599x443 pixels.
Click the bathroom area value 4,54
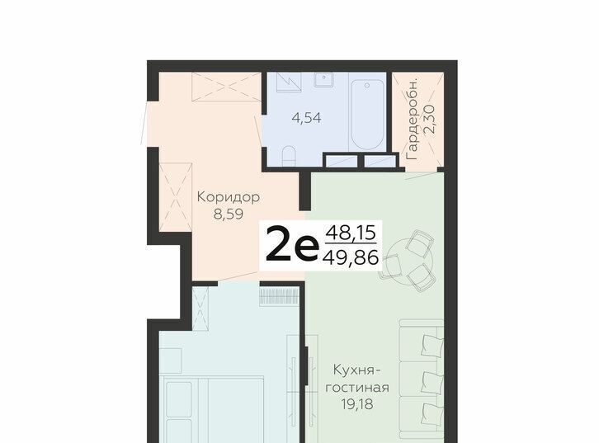pos(306,118)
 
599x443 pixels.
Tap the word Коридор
pos(228,197)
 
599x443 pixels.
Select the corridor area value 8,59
pos(229,214)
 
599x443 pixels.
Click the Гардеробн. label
pos(413,120)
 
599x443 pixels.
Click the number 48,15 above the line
pos(351,233)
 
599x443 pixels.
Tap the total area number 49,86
pos(351,257)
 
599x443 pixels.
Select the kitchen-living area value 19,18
pos(356,404)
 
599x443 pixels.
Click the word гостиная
pos(356,387)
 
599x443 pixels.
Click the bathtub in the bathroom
pos(367,115)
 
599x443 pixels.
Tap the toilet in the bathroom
pos(289,156)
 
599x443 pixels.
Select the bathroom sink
pos(323,80)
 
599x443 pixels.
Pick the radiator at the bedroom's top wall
pos(278,296)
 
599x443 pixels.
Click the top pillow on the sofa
pos(432,346)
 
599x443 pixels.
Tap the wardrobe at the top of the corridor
pos(226,87)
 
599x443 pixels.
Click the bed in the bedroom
pos(212,409)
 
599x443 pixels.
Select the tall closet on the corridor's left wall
pos(176,197)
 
